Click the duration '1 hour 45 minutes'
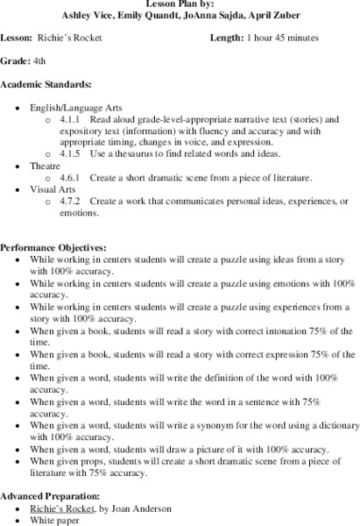pos(282,39)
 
